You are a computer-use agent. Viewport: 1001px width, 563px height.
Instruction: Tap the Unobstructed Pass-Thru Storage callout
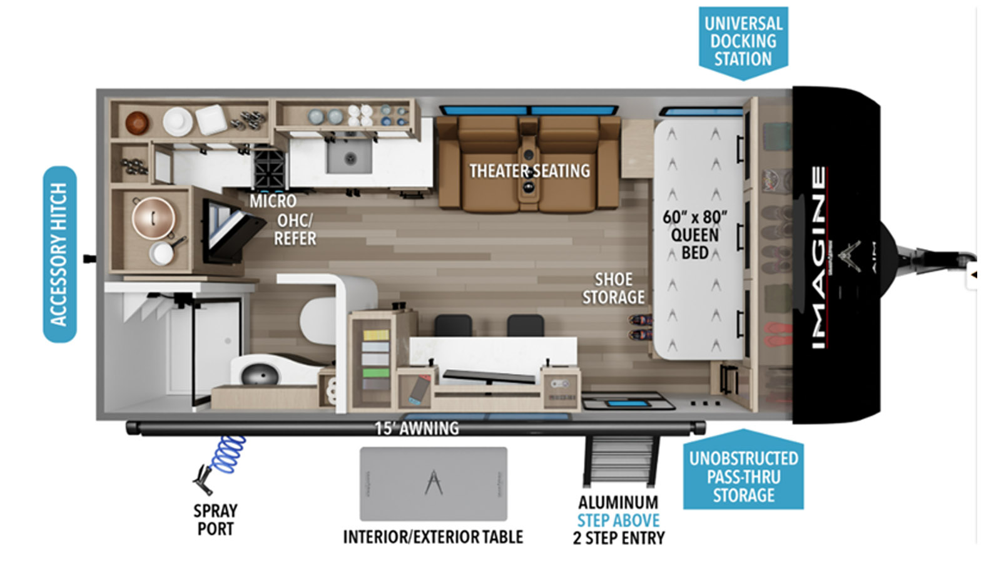(744, 472)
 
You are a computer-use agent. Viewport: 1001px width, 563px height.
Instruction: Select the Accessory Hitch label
(59, 254)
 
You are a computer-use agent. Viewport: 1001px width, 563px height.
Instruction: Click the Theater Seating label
(529, 171)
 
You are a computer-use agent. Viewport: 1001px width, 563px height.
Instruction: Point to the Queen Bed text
(695, 244)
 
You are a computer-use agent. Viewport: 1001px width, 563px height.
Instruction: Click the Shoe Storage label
(614, 288)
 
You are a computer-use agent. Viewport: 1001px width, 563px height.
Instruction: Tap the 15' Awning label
(417, 429)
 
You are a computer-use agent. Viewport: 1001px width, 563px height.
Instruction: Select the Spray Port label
(215, 520)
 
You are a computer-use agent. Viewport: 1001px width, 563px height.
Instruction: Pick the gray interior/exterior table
(434, 484)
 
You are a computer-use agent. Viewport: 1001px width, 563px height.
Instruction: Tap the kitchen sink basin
(349, 156)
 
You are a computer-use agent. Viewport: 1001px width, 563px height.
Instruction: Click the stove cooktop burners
(269, 169)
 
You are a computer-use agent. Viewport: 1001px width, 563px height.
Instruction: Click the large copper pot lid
(153, 218)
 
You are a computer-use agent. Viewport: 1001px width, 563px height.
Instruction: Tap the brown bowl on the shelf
(137, 123)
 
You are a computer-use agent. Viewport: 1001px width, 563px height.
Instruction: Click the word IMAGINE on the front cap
(818, 257)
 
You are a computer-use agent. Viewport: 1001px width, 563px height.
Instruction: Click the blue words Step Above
(619, 520)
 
